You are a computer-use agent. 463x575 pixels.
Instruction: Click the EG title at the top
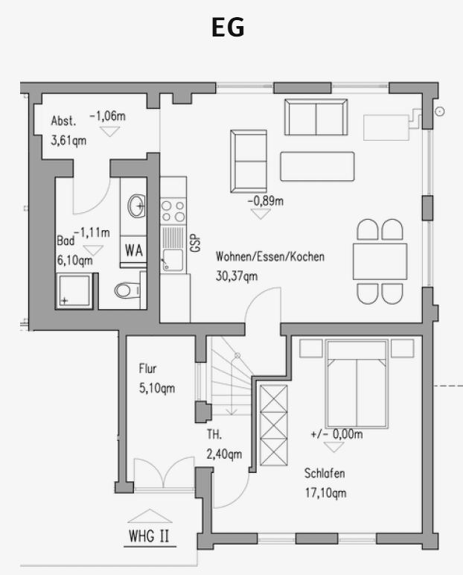[x=229, y=28]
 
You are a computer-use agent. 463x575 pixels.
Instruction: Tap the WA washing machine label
[x=134, y=250]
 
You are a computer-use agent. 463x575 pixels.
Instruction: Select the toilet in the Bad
[x=127, y=289]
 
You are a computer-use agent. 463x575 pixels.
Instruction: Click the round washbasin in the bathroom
[x=136, y=206]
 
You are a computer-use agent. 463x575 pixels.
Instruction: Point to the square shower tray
[x=75, y=290]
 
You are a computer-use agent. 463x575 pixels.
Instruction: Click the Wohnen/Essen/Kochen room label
[x=270, y=257]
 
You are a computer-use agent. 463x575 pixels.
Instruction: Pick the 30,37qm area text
[x=237, y=276]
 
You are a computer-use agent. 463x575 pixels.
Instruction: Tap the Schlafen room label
[x=325, y=473]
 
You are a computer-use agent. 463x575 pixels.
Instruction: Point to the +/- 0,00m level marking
[x=336, y=434]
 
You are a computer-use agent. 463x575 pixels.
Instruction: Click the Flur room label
[x=148, y=368]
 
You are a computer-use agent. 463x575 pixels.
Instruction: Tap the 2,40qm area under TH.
[x=224, y=454]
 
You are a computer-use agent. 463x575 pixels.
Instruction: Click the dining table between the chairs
[x=380, y=261]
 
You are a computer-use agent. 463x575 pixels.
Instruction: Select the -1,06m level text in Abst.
[x=108, y=116]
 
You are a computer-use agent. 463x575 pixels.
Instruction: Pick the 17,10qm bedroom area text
[x=325, y=492]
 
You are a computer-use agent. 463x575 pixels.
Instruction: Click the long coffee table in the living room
[x=317, y=165]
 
